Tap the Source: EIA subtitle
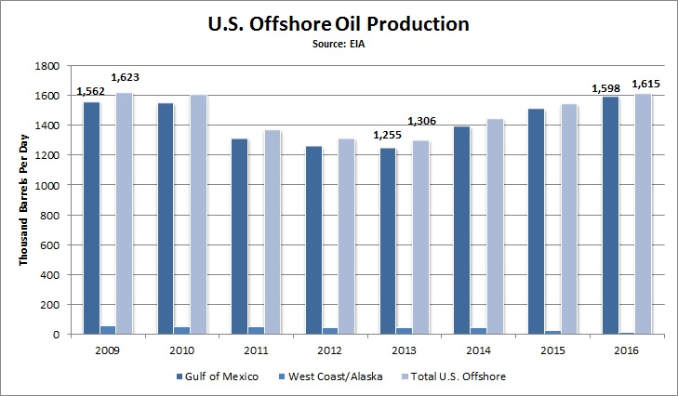click(x=338, y=42)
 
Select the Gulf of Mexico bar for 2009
click(x=91, y=218)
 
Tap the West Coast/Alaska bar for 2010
click(x=181, y=330)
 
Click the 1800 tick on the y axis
click(x=48, y=67)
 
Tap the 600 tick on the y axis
click(x=52, y=245)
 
